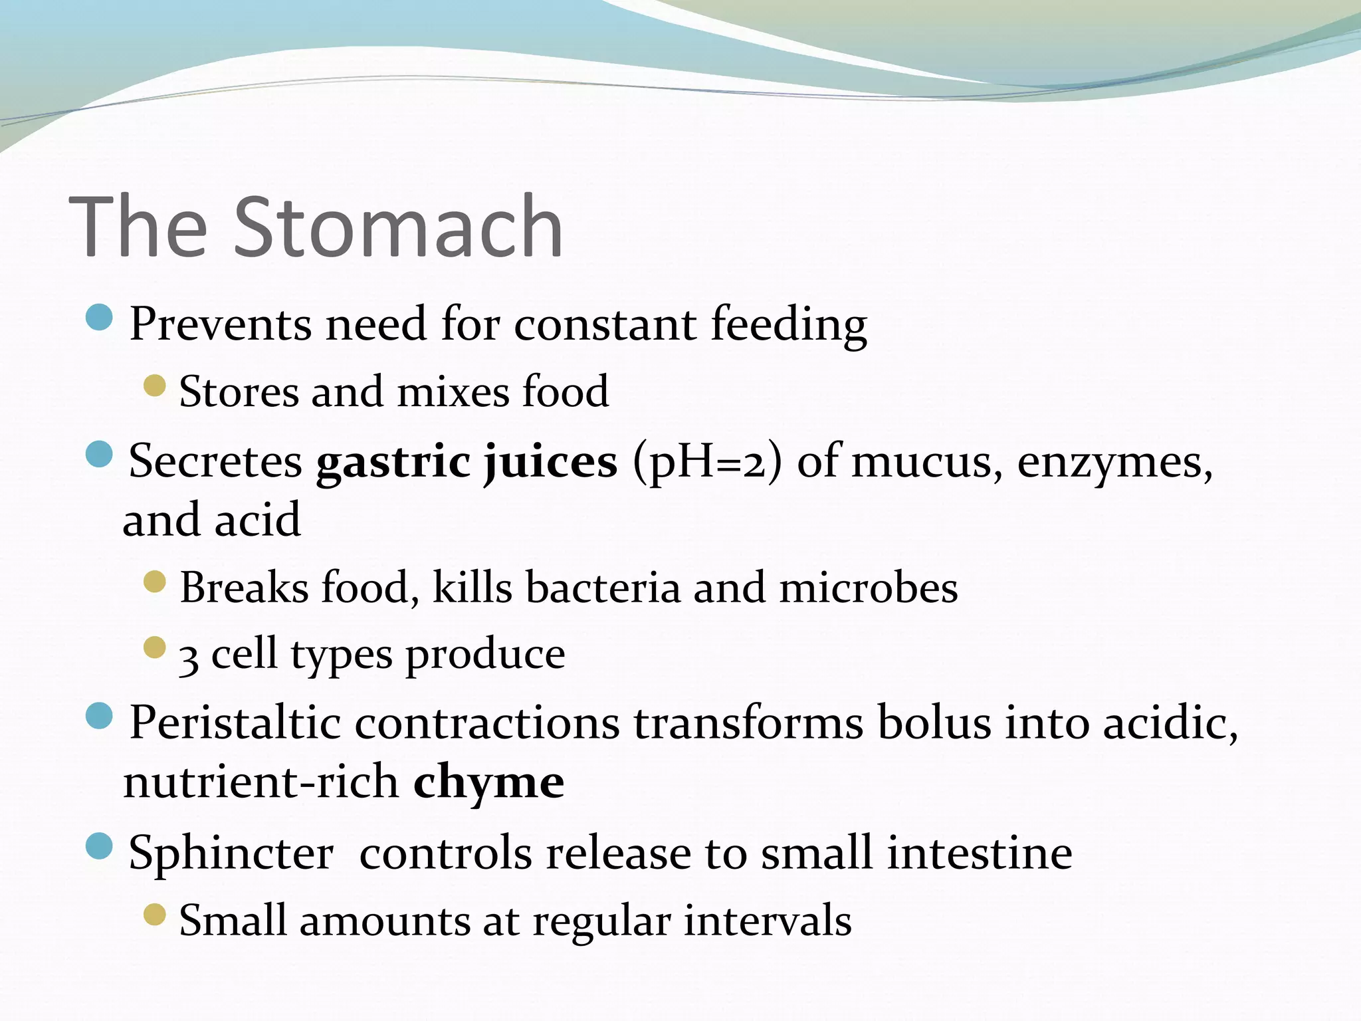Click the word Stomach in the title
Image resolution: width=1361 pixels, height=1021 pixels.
click(x=399, y=227)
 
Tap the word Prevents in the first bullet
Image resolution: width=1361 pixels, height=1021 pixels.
click(x=220, y=324)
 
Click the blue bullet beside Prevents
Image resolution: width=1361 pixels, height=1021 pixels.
click(x=100, y=318)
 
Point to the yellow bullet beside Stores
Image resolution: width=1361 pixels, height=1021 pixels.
click(x=154, y=385)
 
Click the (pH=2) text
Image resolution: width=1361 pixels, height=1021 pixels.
click(x=707, y=462)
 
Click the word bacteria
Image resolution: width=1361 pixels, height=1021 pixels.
click(x=603, y=588)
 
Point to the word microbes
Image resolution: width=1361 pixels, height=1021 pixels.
click(x=868, y=588)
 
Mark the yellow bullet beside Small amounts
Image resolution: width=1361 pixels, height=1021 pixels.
click(x=154, y=915)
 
